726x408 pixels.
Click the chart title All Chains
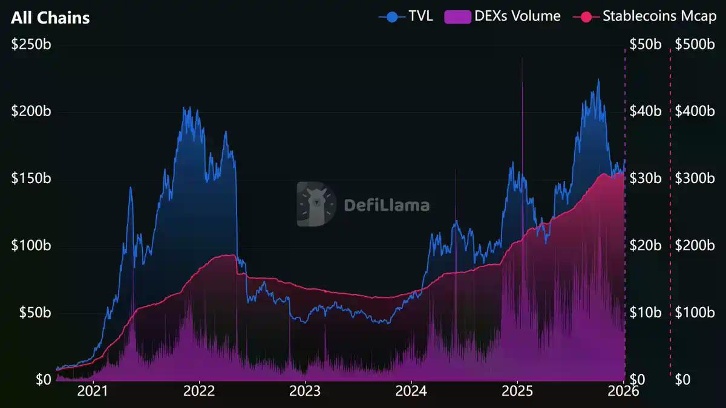50,18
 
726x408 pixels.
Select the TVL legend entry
406,16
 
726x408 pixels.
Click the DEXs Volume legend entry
503,16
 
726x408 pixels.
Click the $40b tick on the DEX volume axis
645,112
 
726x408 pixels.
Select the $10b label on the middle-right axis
645,313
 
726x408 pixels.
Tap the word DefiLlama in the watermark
387,205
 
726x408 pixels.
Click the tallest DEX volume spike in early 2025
522,60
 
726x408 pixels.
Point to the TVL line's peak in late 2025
598,80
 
